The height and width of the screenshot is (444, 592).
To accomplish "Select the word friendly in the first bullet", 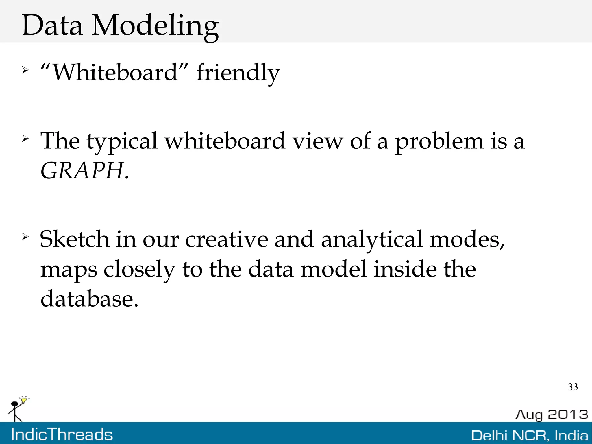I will [x=238, y=73].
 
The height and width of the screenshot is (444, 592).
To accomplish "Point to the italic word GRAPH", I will [x=82, y=171].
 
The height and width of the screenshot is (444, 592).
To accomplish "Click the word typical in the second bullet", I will [x=122, y=141].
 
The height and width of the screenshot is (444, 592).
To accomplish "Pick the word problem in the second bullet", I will [x=439, y=141].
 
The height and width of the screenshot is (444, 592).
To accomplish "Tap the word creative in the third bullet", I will [x=226, y=239].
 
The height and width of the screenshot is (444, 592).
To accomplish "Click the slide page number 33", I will [x=573, y=387].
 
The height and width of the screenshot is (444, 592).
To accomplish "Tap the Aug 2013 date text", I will [x=552, y=414].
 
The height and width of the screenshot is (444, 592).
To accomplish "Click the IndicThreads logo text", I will [x=62, y=434].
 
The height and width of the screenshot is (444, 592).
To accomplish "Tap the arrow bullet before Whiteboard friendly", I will [x=25, y=70].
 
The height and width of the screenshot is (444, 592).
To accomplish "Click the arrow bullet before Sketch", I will [x=25, y=237].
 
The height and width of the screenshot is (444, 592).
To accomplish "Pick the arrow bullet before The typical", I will [x=25, y=139].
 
